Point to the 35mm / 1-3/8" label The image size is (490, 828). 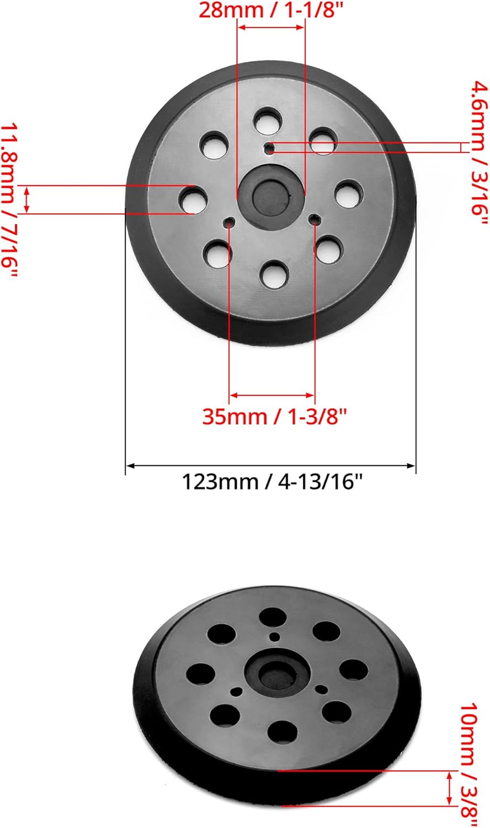[x=274, y=416]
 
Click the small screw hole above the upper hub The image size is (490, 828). [x=270, y=133]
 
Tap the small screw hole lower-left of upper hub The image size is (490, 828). [x=229, y=222]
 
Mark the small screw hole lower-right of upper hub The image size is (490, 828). [x=314, y=220]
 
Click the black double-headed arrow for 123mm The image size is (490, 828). [x=270, y=466]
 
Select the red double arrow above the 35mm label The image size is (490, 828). [x=272, y=395]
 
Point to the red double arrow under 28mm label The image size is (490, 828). [x=271, y=26]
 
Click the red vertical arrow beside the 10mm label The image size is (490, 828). [x=450, y=789]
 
